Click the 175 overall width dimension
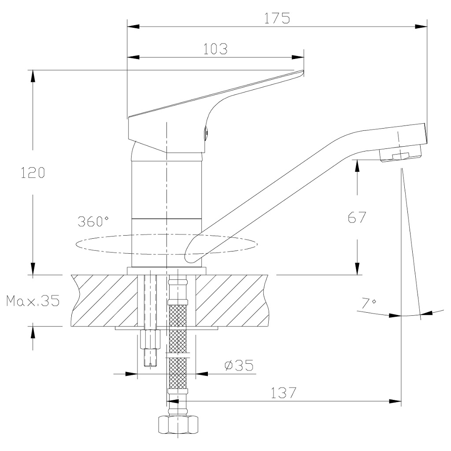coord(277,18)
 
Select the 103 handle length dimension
coord(215,49)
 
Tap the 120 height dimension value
coord(33,173)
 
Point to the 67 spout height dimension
coord(357,217)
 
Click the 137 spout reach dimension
coord(283,392)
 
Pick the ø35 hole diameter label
coord(239,365)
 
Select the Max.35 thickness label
coord(33,300)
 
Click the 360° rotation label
coord(93,221)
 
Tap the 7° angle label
coord(369,303)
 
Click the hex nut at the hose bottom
coord(178,424)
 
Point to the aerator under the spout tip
coord(400,154)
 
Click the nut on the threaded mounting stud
coord(150,340)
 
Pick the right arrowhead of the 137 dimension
coord(395,401)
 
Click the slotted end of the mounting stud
coord(150,364)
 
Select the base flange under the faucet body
coord(166,271)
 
